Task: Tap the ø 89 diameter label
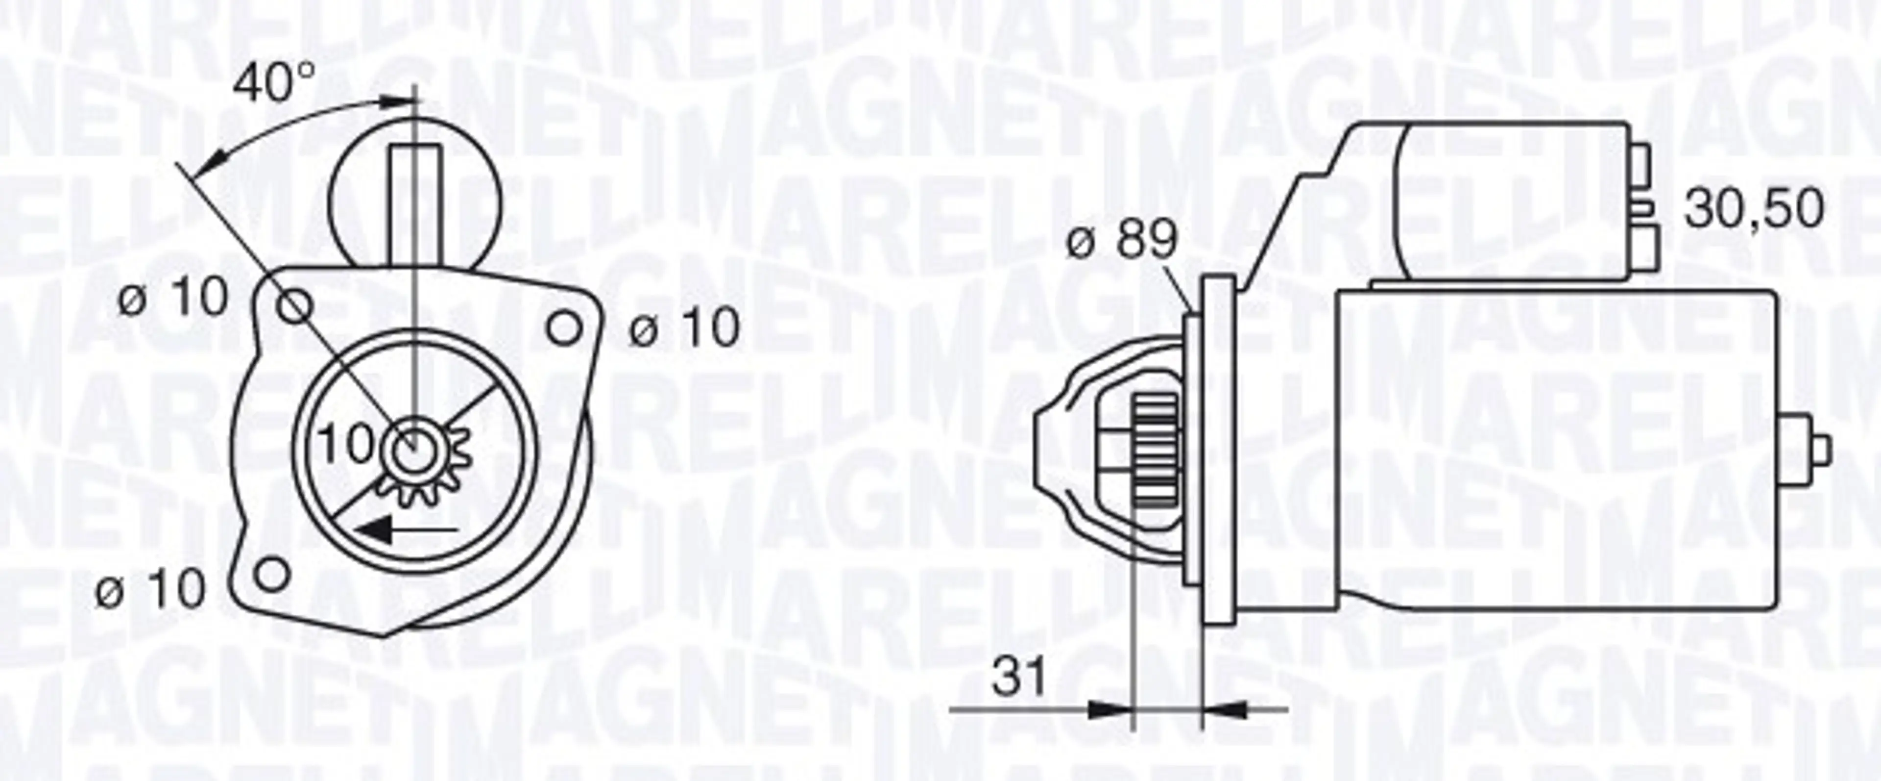click(1122, 240)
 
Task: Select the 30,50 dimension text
click(1753, 210)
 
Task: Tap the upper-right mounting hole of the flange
click(564, 328)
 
